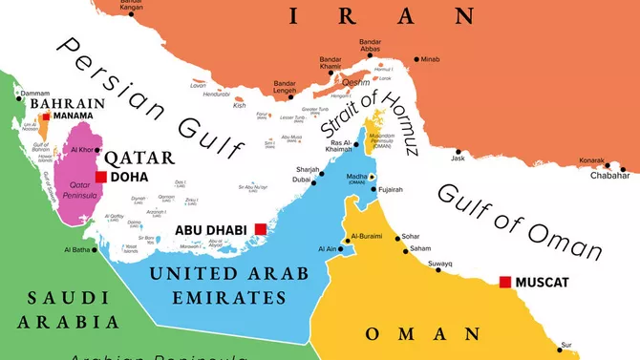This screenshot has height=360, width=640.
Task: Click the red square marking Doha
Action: point(100,177)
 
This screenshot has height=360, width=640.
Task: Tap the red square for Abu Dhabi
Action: point(261,228)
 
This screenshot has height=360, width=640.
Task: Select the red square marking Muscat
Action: point(505,282)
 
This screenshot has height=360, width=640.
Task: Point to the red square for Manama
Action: point(45,116)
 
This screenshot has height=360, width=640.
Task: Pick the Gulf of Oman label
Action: point(520,221)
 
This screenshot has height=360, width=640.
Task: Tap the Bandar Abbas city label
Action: point(370,47)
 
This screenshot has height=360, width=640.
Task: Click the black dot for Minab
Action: point(417,59)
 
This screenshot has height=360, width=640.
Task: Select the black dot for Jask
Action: point(459,150)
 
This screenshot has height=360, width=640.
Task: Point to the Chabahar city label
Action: point(610,175)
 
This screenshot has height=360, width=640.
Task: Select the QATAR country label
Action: point(139,158)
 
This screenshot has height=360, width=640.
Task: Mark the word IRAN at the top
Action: point(381,15)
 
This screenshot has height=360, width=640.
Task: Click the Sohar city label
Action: point(410,235)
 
